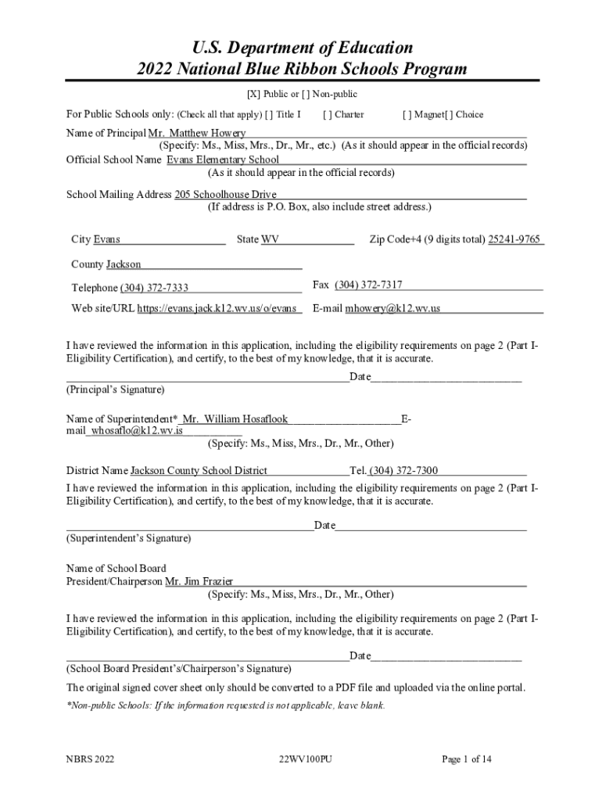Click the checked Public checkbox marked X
pyautogui.click(x=253, y=95)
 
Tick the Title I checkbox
pyautogui.click(x=269, y=115)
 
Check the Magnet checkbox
pyautogui.click(x=407, y=115)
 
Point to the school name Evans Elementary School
pyautogui.click(x=223, y=160)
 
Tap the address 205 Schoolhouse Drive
pyautogui.click(x=225, y=194)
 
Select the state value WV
pyautogui.click(x=270, y=239)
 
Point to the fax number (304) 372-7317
pyautogui.click(x=368, y=285)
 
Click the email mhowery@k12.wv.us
pyautogui.click(x=392, y=309)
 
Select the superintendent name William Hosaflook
pyautogui.click(x=235, y=419)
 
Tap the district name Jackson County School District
pyautogui.click(x=199, y=471)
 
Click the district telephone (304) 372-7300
pyautogui.click(x=403, y=471)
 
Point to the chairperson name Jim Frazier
pyautogui.click(x=199, y=582)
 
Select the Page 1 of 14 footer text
pyautogui.click(x=467, y=760)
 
